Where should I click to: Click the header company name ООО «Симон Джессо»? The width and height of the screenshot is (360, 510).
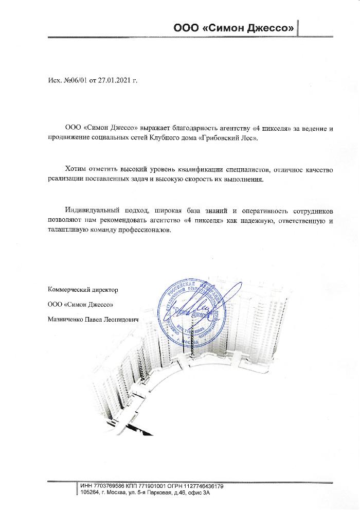tap(233, 29)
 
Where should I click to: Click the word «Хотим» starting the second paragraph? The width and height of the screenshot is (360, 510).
tap(76, 169)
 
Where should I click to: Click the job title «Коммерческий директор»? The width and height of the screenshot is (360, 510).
tap(82, 290)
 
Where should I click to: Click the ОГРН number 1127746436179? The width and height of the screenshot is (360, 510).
tap(200, 486)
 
